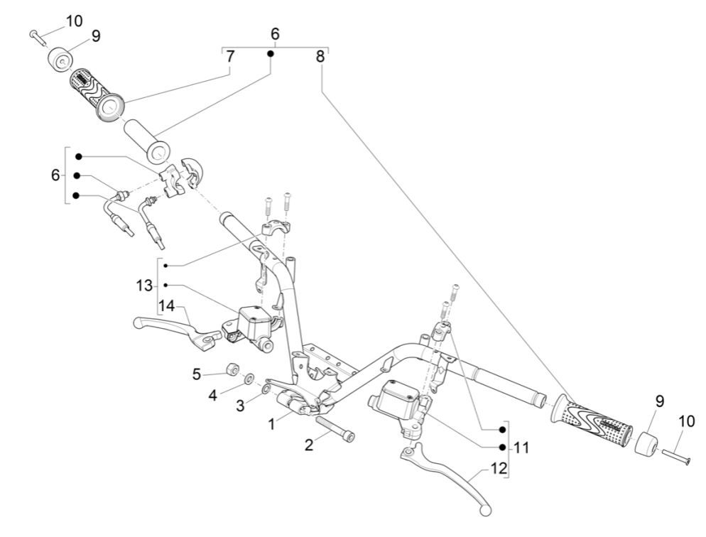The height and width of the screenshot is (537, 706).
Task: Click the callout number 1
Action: [271, 425]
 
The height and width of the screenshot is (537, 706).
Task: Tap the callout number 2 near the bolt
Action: [308, 445]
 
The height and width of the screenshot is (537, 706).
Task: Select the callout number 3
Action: [240, 405]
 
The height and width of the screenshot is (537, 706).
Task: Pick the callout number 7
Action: [230, 56]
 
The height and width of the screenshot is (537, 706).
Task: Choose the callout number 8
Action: [320, 56]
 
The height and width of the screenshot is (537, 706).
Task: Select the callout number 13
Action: [145, 286]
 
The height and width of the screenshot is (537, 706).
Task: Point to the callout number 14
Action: [167, 306]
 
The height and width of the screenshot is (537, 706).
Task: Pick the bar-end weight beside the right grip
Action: [645, 442]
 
